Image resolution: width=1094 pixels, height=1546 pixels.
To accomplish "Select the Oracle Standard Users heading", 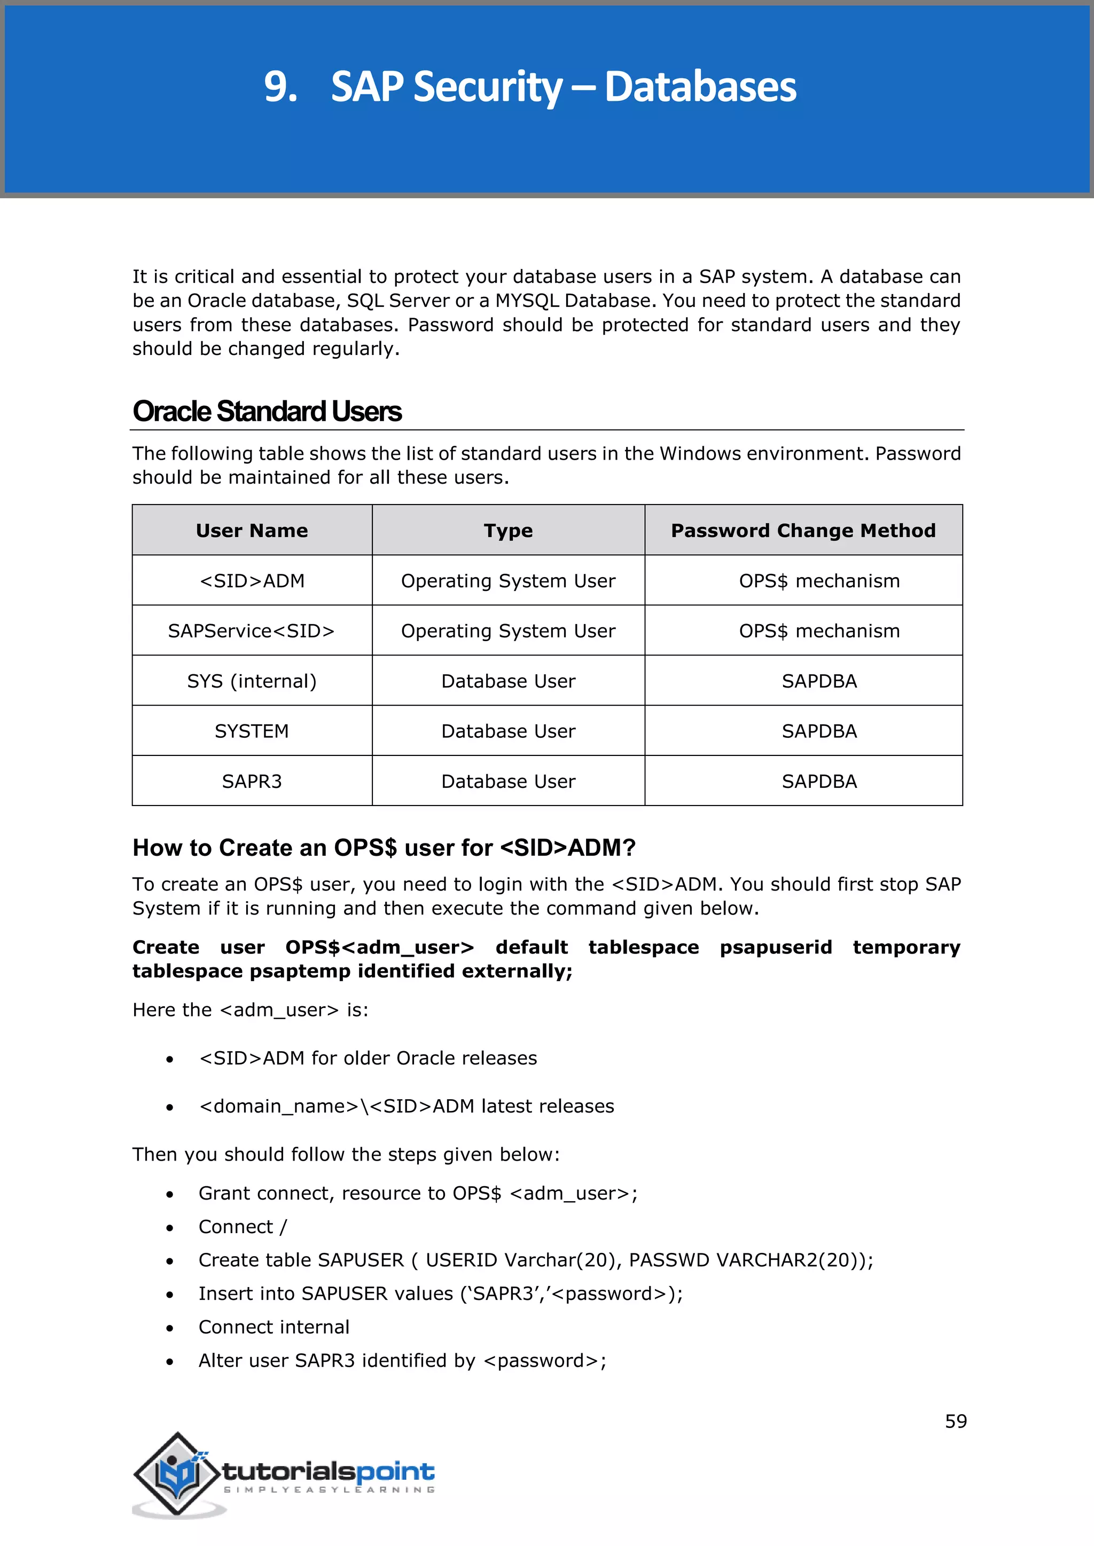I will pos(267,412).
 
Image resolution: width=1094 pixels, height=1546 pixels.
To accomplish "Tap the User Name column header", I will pos(252,531).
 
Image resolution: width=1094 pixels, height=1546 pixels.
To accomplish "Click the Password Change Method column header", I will pos(803,531).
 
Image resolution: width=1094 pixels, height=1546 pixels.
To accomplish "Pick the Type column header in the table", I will pos(508,531).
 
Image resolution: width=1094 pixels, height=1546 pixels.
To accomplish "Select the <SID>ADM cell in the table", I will pos(252,580).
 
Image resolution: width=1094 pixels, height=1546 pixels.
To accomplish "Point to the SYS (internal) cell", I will pos(252,681).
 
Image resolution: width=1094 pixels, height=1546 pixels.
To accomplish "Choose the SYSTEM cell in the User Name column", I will pos(252,731).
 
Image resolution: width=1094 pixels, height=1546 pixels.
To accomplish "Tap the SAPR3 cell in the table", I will pos(252,781).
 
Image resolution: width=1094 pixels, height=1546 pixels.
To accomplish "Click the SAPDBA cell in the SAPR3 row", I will pos(819,781).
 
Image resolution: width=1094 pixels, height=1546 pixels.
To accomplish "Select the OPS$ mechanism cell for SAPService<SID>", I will pos(819,631).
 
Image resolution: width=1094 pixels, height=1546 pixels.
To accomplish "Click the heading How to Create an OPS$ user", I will pos(384,848).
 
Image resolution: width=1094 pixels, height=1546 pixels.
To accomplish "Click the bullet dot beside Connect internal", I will pos(170,1328).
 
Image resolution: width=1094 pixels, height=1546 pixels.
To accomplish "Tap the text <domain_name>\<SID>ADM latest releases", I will pos(406,1106).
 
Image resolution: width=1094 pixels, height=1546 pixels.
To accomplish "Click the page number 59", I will pos(956,1422).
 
